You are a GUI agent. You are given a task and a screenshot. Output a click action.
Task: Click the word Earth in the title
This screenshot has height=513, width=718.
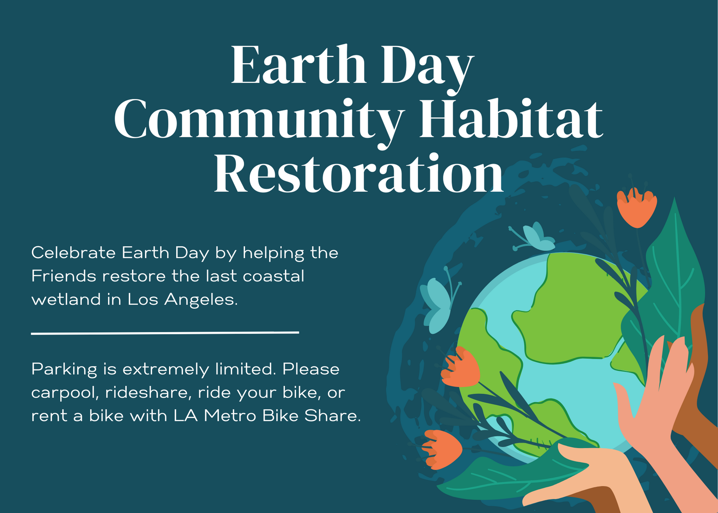click(298, 65)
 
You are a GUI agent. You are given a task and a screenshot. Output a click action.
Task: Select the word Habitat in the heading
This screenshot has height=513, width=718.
click(511, 119)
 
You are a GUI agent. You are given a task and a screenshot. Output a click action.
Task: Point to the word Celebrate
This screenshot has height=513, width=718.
click(73, 253)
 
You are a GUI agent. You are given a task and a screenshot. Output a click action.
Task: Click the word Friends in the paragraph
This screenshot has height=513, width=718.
click(64, 276)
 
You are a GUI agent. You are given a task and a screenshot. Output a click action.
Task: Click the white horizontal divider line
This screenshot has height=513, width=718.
click(165, 333)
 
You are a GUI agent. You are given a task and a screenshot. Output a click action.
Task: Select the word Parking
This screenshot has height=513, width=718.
click(64, 369)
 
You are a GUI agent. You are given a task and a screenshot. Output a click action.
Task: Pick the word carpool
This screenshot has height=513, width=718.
click(65, 393)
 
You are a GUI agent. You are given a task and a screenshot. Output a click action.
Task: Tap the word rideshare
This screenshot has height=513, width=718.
click(146, 393)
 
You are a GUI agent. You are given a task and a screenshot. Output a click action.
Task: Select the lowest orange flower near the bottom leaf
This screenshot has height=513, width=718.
click(442, 449)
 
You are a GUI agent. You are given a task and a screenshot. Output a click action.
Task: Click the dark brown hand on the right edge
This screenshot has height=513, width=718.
click(702, 377)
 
